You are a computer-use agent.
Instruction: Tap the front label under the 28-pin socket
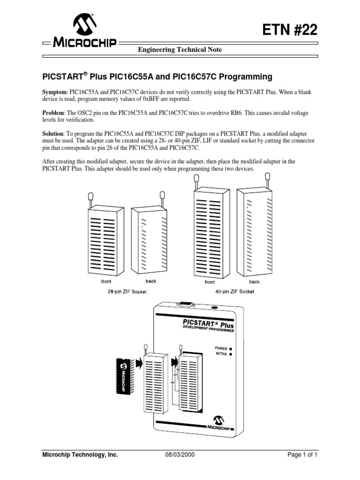click(106, 282)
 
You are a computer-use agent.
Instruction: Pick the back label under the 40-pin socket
click(254, 282)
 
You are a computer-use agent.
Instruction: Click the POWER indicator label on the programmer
click(221, 348)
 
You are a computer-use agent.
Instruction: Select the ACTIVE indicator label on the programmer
click(221, 354)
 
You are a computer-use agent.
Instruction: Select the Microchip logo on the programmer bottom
click(218, 421)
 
